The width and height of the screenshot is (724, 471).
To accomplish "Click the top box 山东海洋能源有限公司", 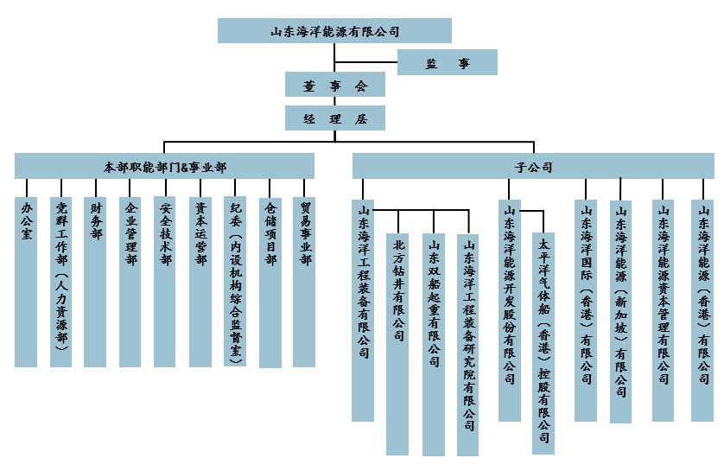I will (x=334, y=31).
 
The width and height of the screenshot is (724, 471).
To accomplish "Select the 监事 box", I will (x=447, y=62).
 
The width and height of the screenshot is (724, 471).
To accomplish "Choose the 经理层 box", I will (x=334, y=118).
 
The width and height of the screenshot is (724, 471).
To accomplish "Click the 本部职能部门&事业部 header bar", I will (x=164, y=166).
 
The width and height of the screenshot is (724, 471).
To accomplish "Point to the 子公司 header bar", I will (x=533, y=166).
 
